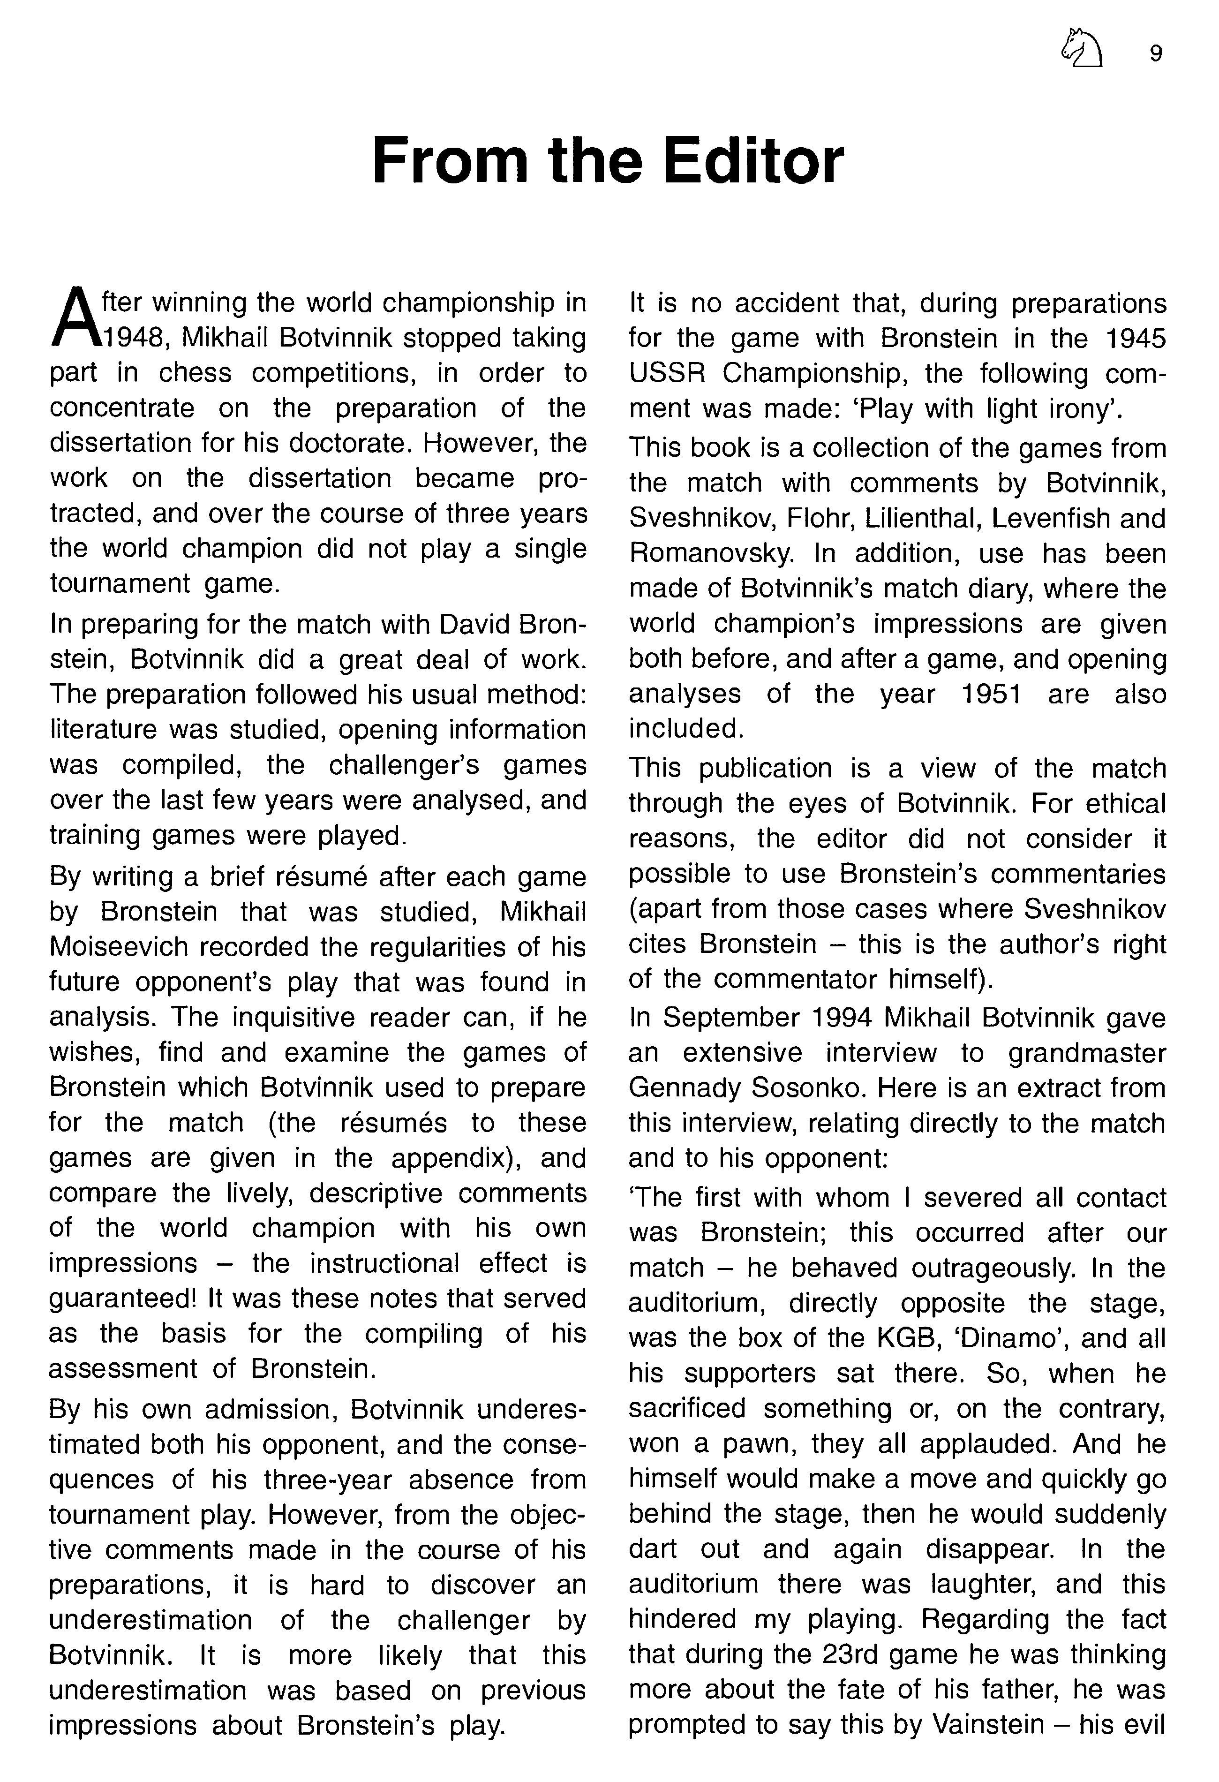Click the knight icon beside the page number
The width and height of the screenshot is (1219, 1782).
pyautogui.click(x=1082, y=49)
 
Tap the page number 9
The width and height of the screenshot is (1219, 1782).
pyautogui.click(x=1156, y=53)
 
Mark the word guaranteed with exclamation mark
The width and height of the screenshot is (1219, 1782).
pyautogui.click(x=123, y=1298)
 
